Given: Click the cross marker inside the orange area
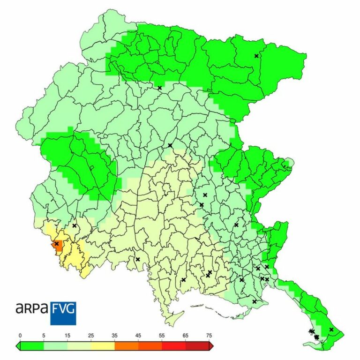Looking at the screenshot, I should pyautogui.click(x=56, y=244).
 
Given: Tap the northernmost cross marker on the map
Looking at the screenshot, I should pyautogui.click(x=256, y=56).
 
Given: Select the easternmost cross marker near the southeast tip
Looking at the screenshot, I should pyautogui.click(x=331, y=330).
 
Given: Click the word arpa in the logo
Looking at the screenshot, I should pyautogui.click(x=31, y=308).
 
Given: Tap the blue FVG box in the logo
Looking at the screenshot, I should pyautogui.click(x=63, y=313).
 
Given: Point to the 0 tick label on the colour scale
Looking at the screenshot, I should pyautogui.click(x=20, y=336).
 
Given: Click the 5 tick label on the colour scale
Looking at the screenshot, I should pyautogui.click(x=44, y=336).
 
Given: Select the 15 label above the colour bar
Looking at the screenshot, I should pyautogui.click(x=67, y=336).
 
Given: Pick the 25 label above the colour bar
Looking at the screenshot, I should pyautogui.click(x=91, y=336).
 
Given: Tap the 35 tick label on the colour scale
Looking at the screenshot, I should pyautogui.click(x=115, y=336).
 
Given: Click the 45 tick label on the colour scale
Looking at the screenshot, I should pyautogui.click(x=138, y=336).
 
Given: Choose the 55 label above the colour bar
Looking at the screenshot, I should pyautogui.click(x=162, y=336).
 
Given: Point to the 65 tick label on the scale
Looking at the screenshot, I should pyautogui.click(x=186, y=336).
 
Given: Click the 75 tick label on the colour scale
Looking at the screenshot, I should pyautogui.click(x=209, y=336).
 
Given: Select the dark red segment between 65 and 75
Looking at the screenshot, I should pyautogui.click(x=197, y=346).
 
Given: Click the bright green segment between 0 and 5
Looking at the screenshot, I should pyautogui.click(x=32, y=346).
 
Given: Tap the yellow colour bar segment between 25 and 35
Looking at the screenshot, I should pyautogui.click(x=103, y=346).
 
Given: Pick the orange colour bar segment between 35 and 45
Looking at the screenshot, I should pyautogui.click(x=127, y=346).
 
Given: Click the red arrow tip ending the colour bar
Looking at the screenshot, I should pyautogui.click(x=212, y=346).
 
